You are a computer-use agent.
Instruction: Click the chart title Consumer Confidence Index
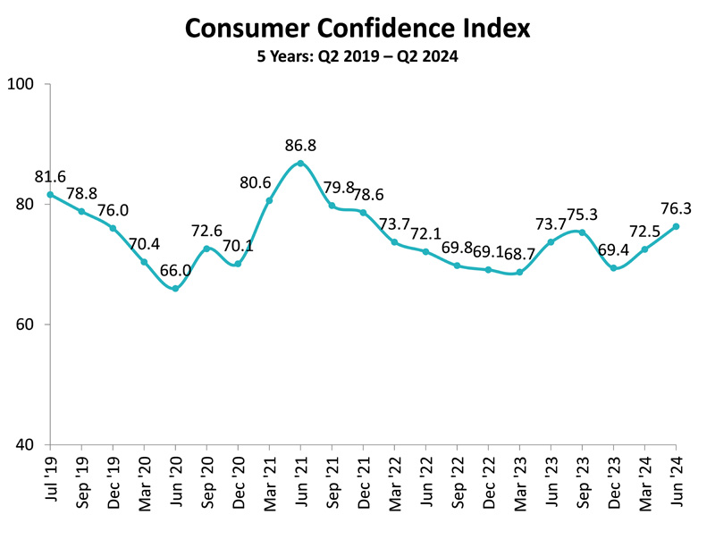357,29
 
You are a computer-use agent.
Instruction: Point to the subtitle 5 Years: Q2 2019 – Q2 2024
357,58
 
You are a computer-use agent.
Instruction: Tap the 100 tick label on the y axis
21,85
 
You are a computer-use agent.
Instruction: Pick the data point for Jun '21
300,164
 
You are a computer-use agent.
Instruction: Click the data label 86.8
300,145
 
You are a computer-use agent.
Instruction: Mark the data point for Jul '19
50,195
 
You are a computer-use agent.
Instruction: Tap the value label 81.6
50,177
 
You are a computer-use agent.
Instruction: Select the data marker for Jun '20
175,288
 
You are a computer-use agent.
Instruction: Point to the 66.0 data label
175,270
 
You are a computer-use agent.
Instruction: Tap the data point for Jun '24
676,226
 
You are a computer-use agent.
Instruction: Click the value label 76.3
677,208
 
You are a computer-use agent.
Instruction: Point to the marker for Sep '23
582,232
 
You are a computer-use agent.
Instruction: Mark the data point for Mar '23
519,272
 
